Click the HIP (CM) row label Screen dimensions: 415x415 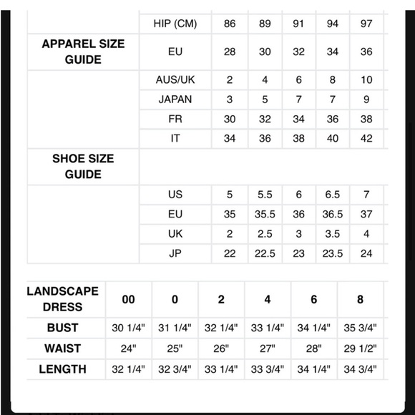(175, 24)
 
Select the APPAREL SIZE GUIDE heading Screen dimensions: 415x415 (83, 51)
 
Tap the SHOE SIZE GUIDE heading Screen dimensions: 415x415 (83, 167)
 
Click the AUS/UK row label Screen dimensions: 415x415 (175, 80)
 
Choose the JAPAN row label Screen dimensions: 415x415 (175, 99)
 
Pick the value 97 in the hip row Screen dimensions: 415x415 (366, 24)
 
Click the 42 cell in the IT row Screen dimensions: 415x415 (366, 138)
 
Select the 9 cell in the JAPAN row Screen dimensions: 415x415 (366, 99)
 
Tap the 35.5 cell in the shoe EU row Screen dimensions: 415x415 (265, 214)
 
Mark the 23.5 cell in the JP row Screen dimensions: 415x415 (332, 253)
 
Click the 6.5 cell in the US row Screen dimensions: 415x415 (332, 195)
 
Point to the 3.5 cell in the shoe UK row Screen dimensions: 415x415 (332, 233)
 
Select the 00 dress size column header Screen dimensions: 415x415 (129, 299)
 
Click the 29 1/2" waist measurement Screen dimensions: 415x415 (361, 348)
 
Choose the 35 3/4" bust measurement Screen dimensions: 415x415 (361, 328)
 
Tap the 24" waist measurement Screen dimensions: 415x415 (129, 348)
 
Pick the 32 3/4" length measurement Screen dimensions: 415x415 (175, 369)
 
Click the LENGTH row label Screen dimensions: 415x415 (63, 369)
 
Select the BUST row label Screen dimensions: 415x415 (63, 328)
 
